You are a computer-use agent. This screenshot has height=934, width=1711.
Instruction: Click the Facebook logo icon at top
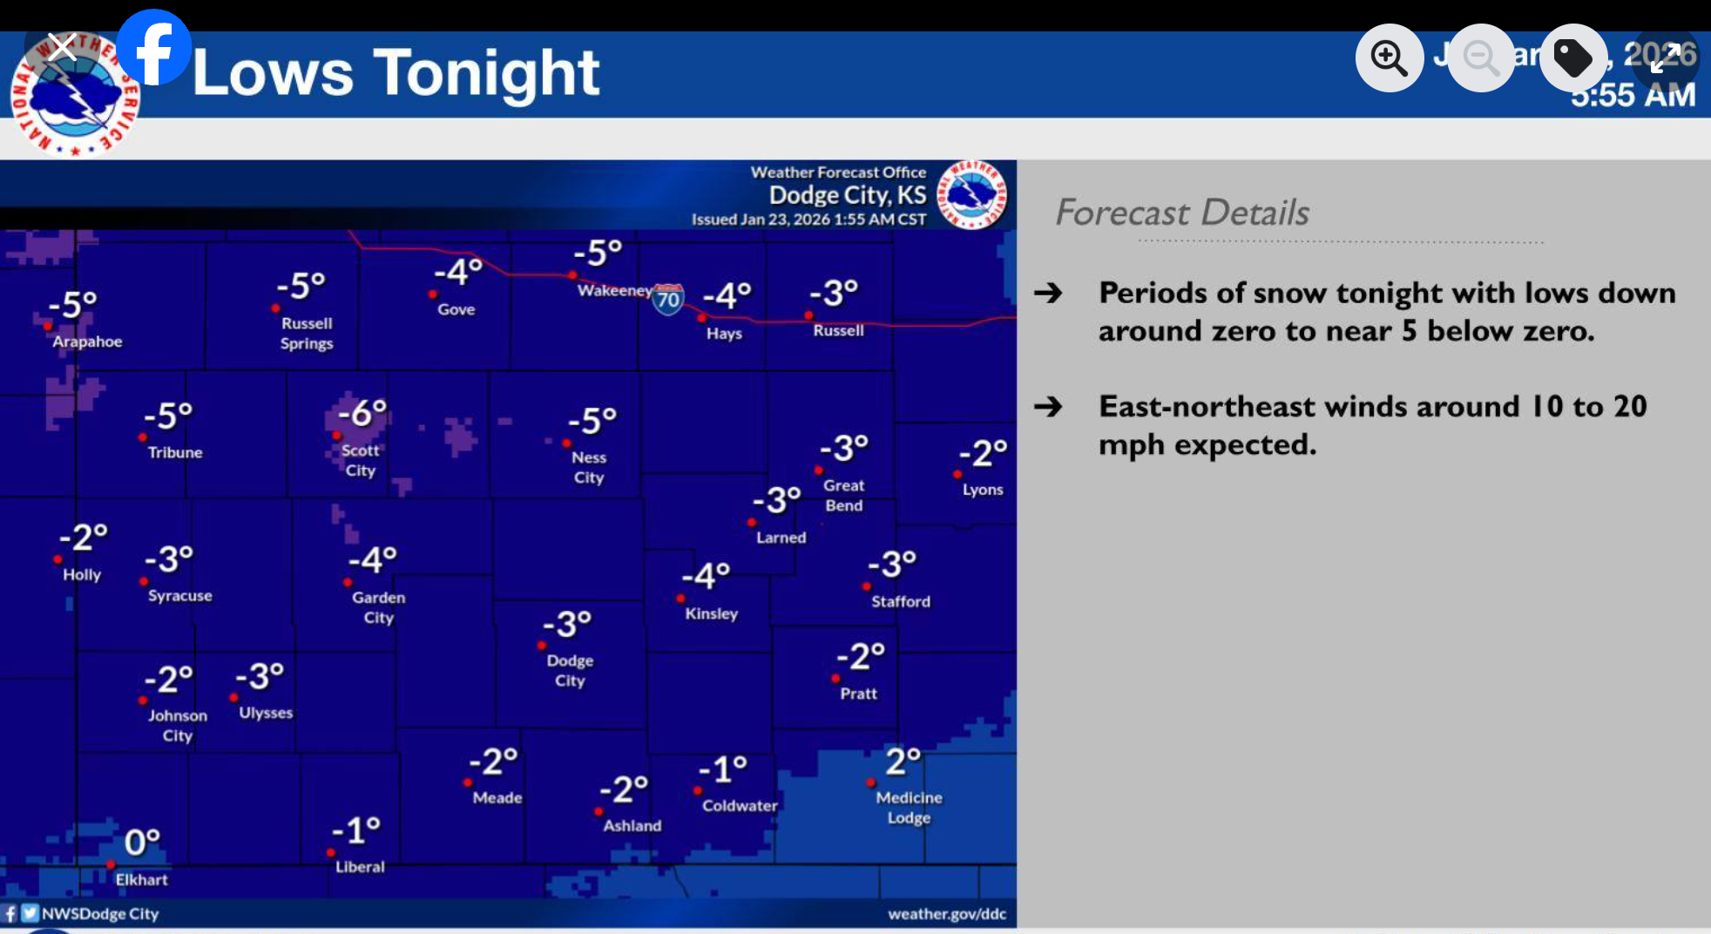[x=153, y=48]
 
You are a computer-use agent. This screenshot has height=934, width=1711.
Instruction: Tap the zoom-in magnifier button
[x=1389, y=58]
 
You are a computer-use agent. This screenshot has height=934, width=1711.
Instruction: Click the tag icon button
[x=1573, y=58]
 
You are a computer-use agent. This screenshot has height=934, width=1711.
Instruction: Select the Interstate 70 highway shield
[x=668, y=299]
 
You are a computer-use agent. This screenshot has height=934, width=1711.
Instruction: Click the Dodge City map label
[x=570, y=671]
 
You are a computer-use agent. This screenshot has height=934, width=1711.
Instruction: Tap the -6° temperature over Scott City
[x=362, y=412]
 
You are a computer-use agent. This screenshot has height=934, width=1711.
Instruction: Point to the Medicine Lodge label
[x=909, y=808]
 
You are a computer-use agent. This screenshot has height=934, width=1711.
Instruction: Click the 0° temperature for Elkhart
[x=142, y=842]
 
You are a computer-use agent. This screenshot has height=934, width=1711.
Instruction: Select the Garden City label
[x=378, y=607]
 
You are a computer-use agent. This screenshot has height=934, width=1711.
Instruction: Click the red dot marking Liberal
[x=331, y=853]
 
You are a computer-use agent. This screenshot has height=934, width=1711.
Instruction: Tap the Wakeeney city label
[x=614, y=290]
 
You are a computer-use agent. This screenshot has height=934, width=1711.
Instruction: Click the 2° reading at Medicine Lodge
[x=903, y=761]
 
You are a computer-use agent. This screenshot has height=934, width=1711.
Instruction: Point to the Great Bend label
[x=843, y=495]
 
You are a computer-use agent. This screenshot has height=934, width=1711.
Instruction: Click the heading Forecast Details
[x=1182, y=213]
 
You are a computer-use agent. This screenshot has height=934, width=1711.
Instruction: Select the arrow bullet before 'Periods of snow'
[x=1048, y=293]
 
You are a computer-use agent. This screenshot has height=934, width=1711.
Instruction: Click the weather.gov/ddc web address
[x=946, y=914]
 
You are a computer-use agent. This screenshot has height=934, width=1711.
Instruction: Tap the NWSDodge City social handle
[x=100, y=914]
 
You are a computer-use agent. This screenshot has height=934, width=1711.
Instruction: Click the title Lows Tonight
[x=396, y=73]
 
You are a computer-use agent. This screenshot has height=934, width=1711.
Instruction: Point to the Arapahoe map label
[x=87, y=342]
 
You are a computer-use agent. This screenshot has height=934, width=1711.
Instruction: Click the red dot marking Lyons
[x=957, y=475]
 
